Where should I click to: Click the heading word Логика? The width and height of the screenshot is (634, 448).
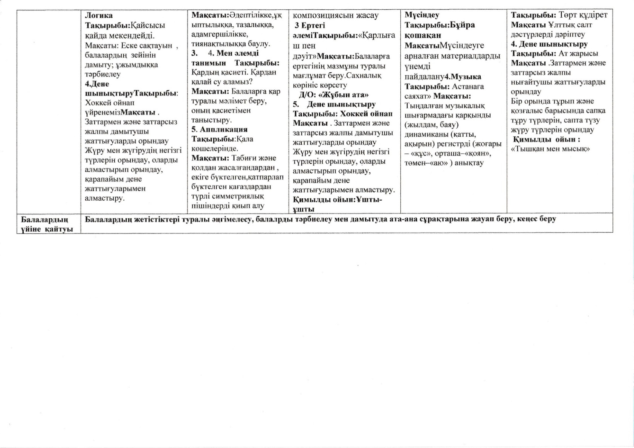pos(99,15)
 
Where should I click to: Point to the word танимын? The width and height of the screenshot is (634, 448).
pos(209,63)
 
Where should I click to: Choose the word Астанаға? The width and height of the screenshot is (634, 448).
pos(468,86)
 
